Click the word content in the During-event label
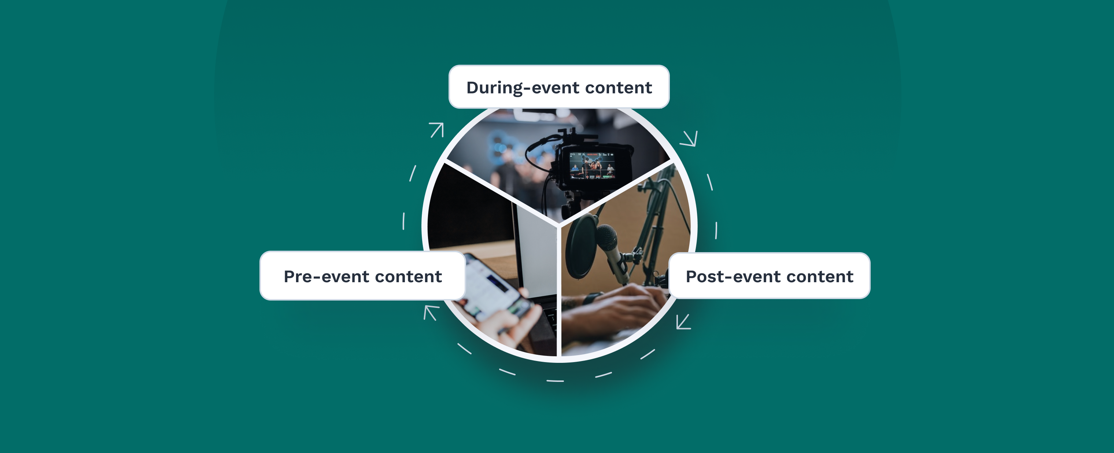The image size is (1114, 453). [x=619, y=88]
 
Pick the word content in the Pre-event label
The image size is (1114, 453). [x=409, y=277]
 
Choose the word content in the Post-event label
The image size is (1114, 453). [x=820, y=277]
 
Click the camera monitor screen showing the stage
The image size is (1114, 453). [x=592, y=165]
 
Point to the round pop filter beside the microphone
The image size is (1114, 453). [x=581, y=247]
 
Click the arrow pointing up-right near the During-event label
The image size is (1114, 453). [x=437, y=130]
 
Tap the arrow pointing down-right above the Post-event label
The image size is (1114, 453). [x=689, y=139]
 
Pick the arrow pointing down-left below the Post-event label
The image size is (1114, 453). [x=683, y=321]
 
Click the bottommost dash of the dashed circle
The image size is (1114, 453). [x=555, y=381]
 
